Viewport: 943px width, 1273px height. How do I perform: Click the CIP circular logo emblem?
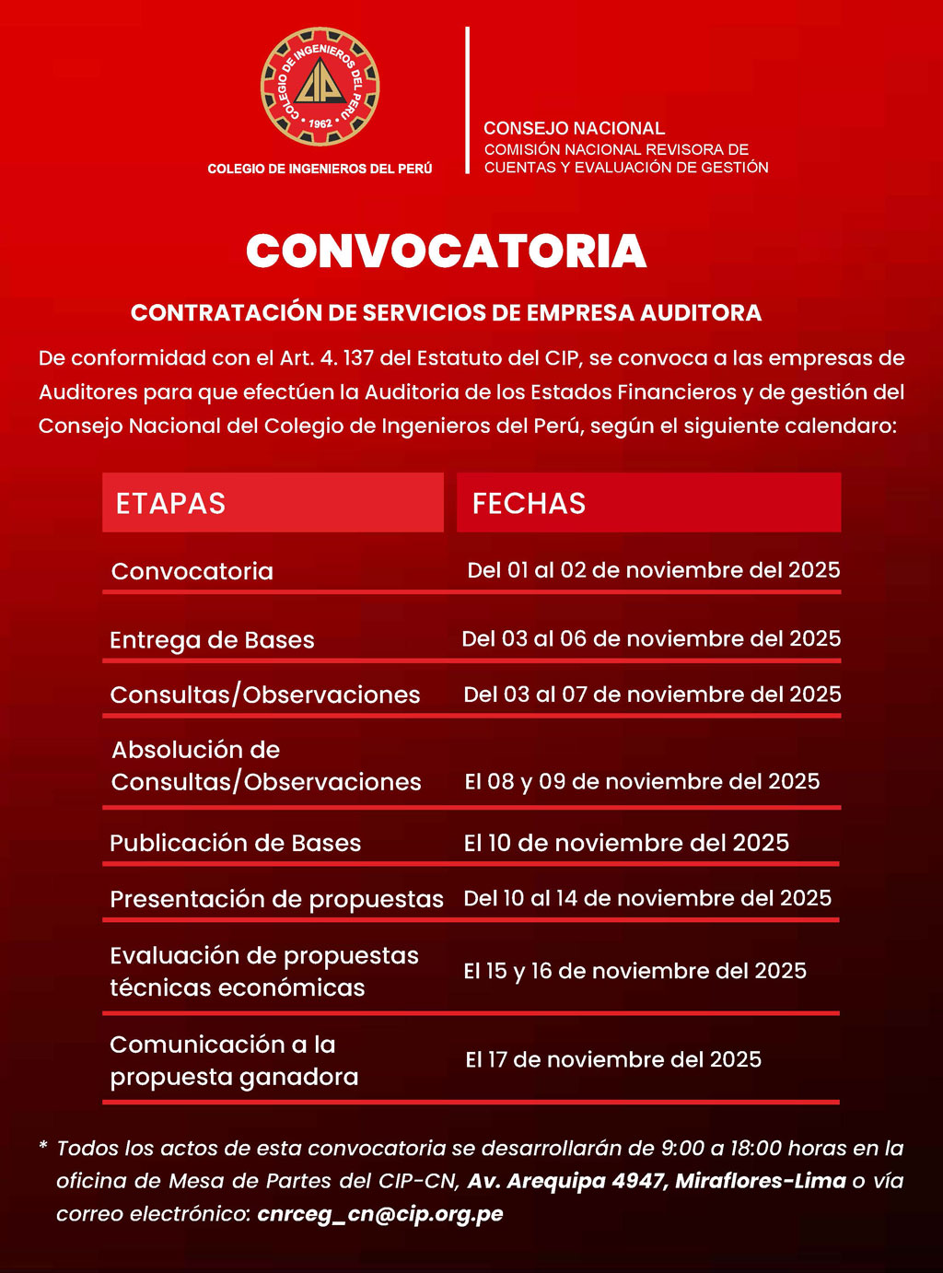point(320,87)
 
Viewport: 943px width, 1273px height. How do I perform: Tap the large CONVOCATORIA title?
point(447,251)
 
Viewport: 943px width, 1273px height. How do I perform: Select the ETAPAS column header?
point(170,504)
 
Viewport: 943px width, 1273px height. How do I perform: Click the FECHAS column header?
point(529,504)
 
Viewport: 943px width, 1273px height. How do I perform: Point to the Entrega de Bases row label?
point(212,640)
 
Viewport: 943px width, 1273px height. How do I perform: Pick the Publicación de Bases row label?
point(235,843)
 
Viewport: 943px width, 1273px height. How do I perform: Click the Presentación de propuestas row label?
point(276,899)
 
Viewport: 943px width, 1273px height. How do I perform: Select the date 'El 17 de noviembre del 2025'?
point(613,1059)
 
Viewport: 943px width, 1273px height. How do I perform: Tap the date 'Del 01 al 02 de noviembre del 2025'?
point(653,570)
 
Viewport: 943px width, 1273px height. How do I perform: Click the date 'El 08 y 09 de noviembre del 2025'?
point(642,781)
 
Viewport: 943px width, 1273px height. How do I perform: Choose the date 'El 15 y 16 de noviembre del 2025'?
point(634,971)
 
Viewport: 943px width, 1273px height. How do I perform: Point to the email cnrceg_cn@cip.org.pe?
point(380,1213)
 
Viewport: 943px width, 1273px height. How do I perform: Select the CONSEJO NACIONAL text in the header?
point(574,128)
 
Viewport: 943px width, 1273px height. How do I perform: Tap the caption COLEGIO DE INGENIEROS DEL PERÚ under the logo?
point(320,169)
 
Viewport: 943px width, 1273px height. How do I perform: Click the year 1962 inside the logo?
point(320,123)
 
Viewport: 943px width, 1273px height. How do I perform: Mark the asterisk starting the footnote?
point(43,1147)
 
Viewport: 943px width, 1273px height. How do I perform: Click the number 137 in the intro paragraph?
point(357,358)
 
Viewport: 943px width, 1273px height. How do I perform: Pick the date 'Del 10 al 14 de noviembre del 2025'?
point(647,898)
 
